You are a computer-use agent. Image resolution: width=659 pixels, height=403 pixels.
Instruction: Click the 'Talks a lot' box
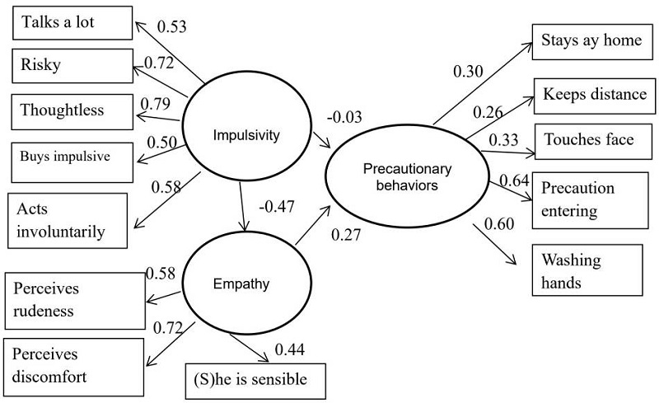point(72,23)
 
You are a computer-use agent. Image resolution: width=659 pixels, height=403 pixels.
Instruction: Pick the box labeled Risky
point(72,65)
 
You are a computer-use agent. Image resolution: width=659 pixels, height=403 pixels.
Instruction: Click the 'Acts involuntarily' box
point(67,219)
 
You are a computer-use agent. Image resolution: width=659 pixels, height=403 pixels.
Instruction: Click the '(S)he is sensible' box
point(256,380)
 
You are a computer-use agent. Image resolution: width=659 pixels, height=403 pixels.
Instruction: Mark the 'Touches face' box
point(587,140)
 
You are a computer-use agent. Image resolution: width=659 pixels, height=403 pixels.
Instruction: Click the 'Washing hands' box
point(587,271)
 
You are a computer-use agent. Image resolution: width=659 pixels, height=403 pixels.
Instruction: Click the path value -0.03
point(344,117)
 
